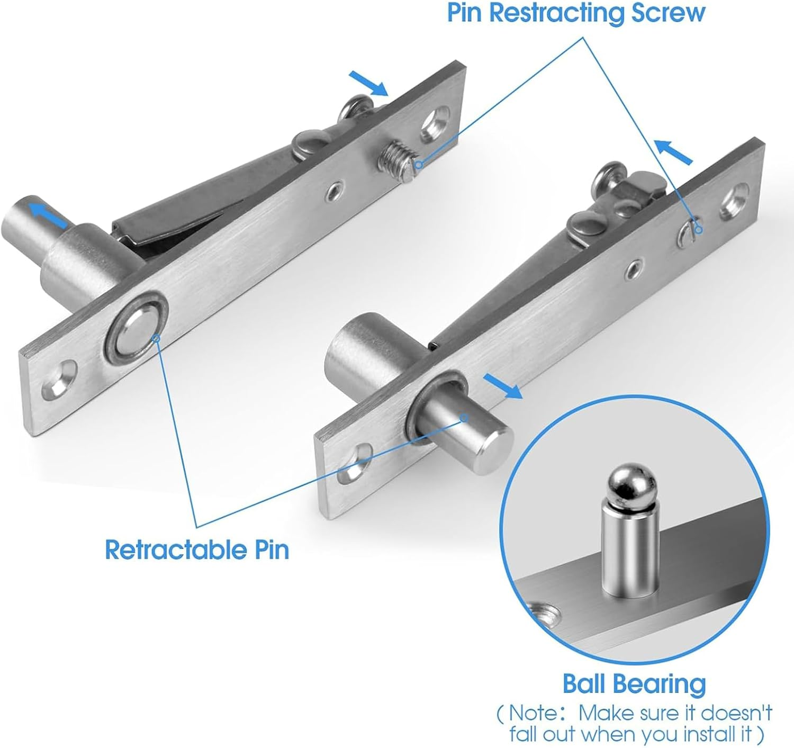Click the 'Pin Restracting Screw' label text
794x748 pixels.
pyautogui.click(x=576, y=13)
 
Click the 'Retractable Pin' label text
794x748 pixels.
pyautogui.click(x=197, y=549)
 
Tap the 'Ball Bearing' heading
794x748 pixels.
pyautogui.click(x=634, y=683)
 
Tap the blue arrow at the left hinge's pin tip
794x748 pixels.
pyautogui.click(x=48, y=214)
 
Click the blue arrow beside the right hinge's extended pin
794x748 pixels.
pyautogui.click(x=502, y=386)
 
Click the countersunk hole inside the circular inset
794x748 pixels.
pyautogui.click(x=542, y=616)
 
